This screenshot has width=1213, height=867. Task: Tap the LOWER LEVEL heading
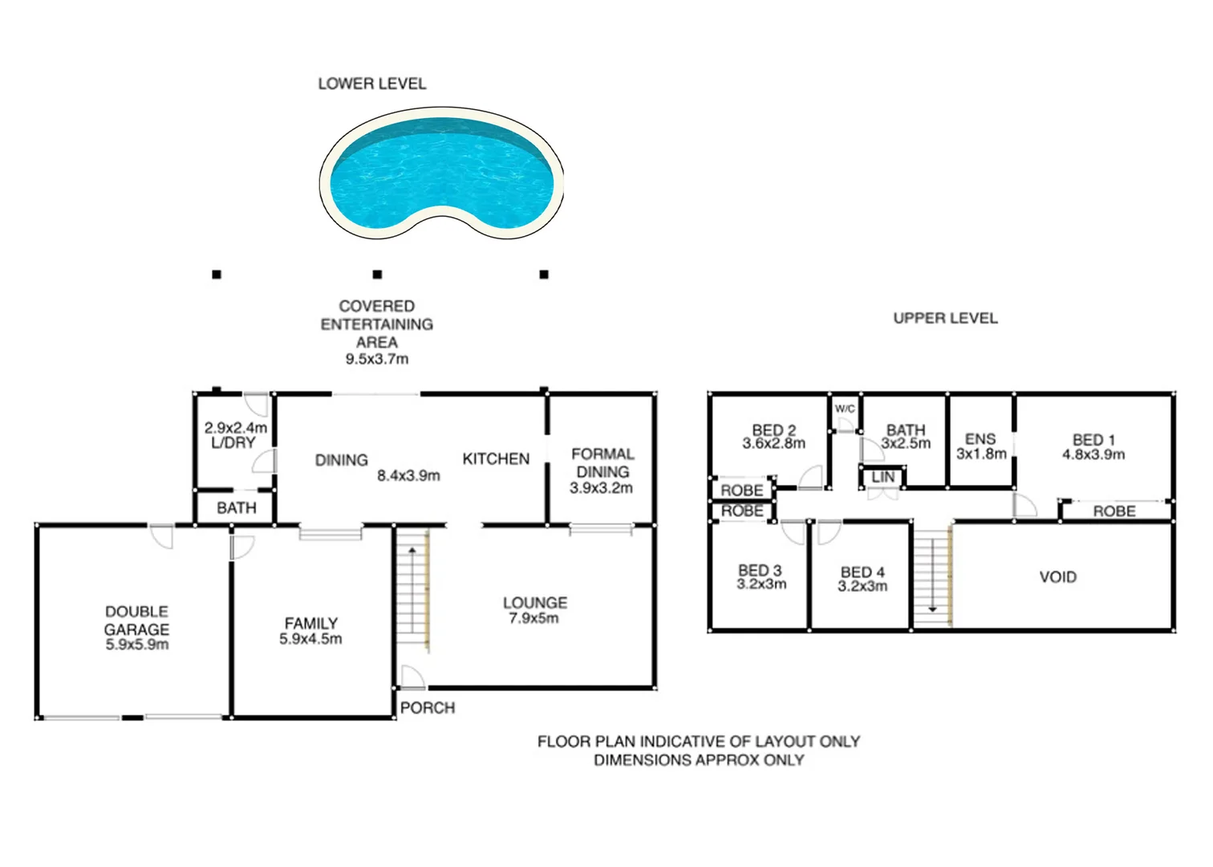click(371, 83)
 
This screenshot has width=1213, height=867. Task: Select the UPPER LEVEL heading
click(945, 318)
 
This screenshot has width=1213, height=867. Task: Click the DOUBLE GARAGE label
click(136, 621)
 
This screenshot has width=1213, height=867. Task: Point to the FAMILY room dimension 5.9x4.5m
click(310, 640)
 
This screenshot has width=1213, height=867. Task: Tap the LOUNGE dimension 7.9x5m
click(533, 618)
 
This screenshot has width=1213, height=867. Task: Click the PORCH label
click(427, 708)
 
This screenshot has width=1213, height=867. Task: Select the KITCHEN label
click(496, 459)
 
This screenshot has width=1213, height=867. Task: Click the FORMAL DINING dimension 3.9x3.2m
click(601, 488)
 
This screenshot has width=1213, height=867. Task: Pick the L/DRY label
click(233, 443)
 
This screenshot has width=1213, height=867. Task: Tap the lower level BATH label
click(237, 508)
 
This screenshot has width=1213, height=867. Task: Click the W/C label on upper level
click(845, 409)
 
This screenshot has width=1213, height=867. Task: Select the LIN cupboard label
click(882, 477)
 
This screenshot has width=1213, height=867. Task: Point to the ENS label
click(980, 439)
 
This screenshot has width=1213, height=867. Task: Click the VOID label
click(1057, 577)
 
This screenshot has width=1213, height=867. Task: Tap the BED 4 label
click(862, 572)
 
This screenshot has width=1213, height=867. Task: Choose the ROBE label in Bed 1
click(1114, 511)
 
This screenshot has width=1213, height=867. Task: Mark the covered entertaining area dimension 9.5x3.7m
click(377, 360)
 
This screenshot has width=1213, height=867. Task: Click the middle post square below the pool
click(377, 275)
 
